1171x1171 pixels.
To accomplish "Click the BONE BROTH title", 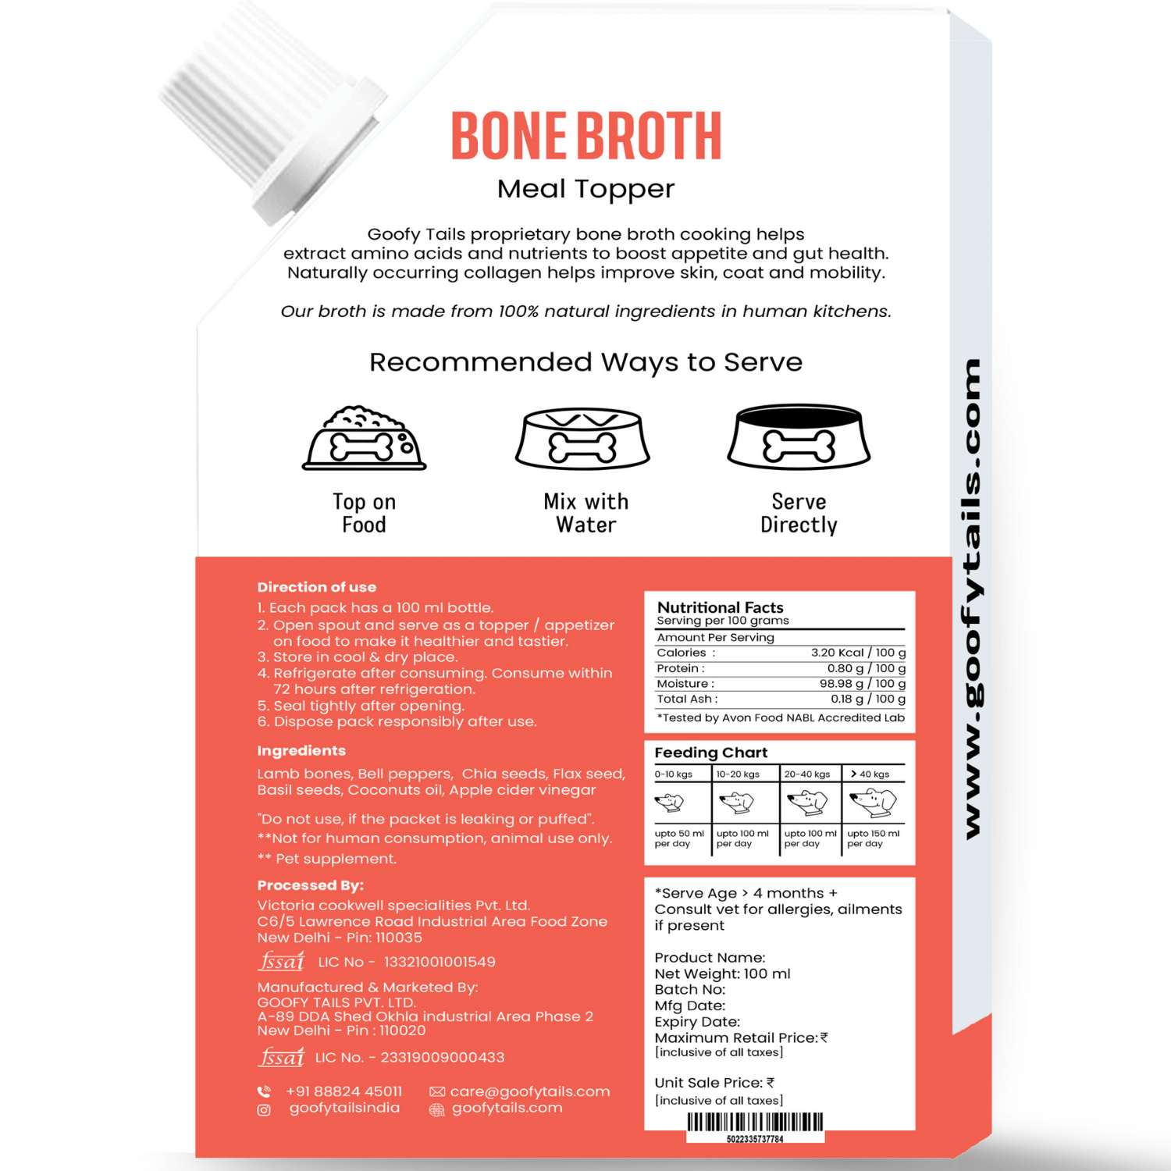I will pyautogui.click(x=585, y=136).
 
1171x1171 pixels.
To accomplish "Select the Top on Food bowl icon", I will pyautogui.click(x=365, y=439).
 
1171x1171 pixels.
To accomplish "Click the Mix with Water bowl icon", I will pyautogui.click(x=583, y=439).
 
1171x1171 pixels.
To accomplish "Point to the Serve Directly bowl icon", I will pyautogui.click(x=799, y=437).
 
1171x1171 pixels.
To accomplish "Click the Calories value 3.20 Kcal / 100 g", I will pyautogui.click(x=858, y=653).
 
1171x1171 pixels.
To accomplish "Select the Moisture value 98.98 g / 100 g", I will pyautogui.click(x=862, y=684).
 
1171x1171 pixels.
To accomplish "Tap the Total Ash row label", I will pyautogui.click(x=686, y=699).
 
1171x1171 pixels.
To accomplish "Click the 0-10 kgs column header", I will pyautogui.click(x=674, y=774).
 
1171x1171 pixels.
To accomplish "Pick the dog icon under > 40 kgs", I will pyautogui.click(x=873, y=801).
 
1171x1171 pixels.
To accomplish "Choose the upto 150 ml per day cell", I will pyautogui.click(x=873, y=838).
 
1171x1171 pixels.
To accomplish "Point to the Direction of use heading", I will pyautogui.click(x=316, y=587).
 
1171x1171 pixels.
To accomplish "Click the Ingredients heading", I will pyautogui.click(x=301, y=750).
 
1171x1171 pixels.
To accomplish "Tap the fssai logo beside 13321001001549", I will pyautogui.click(x=282, y=961).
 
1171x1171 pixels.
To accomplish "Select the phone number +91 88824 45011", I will pyautogui.click(x=343, y=1091).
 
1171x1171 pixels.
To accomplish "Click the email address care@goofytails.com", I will pyautogui.click(x=529, y=1091).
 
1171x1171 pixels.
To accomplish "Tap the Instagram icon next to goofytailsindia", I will pyautogui.click(x=264, y=1110).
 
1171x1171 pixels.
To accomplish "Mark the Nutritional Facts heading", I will pyautogui.click(x=720, y=607).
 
